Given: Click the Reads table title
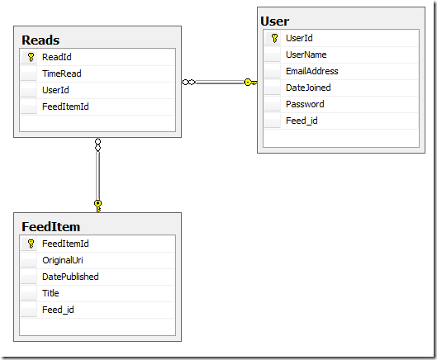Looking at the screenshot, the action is [x=40, y=40].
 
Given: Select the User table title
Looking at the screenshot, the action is [x=275, y=21].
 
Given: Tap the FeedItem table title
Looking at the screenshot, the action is [x=51, y=226].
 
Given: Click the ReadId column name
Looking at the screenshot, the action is [x=57, y=57].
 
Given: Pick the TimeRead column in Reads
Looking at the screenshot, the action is [x=62, y=73].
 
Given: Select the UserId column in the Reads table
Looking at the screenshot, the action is [x=55, y=90].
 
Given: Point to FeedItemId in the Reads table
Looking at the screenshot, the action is [x=65, y=107].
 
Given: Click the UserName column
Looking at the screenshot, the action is [x=306, y=54].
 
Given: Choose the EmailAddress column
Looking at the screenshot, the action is [x=312, y=71].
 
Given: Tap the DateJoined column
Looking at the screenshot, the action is [x=308, y=88].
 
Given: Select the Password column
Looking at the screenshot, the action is [x=305, y=104].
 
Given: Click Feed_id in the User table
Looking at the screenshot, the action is [x=302, y=121].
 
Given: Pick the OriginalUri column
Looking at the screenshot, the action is [x=63, y=260].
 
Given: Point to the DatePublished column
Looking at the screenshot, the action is [x=70, y=277].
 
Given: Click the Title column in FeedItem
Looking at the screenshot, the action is [x=50, y=293].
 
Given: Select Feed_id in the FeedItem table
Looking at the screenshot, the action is [x=58, y=310].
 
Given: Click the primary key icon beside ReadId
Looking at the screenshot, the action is [x=31, y=57].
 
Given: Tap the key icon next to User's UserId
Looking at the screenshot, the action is [x=274, y=38].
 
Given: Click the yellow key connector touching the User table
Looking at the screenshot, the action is [x=250, y=83].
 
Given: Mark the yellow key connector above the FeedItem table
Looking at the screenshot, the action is [x=97, y=206].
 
